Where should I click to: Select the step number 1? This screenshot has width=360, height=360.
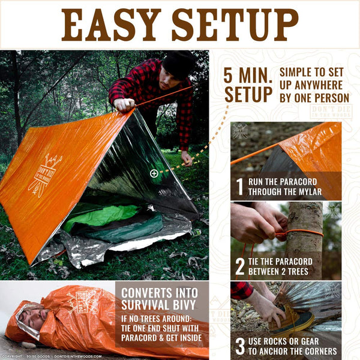coord(240,187)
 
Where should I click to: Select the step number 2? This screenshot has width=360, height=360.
coord(240,266)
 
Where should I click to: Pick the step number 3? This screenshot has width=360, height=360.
coord(240,346)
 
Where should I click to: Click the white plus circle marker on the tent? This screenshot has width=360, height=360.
coord(154,173)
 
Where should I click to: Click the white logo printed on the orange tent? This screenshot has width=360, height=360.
coord(45,175)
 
